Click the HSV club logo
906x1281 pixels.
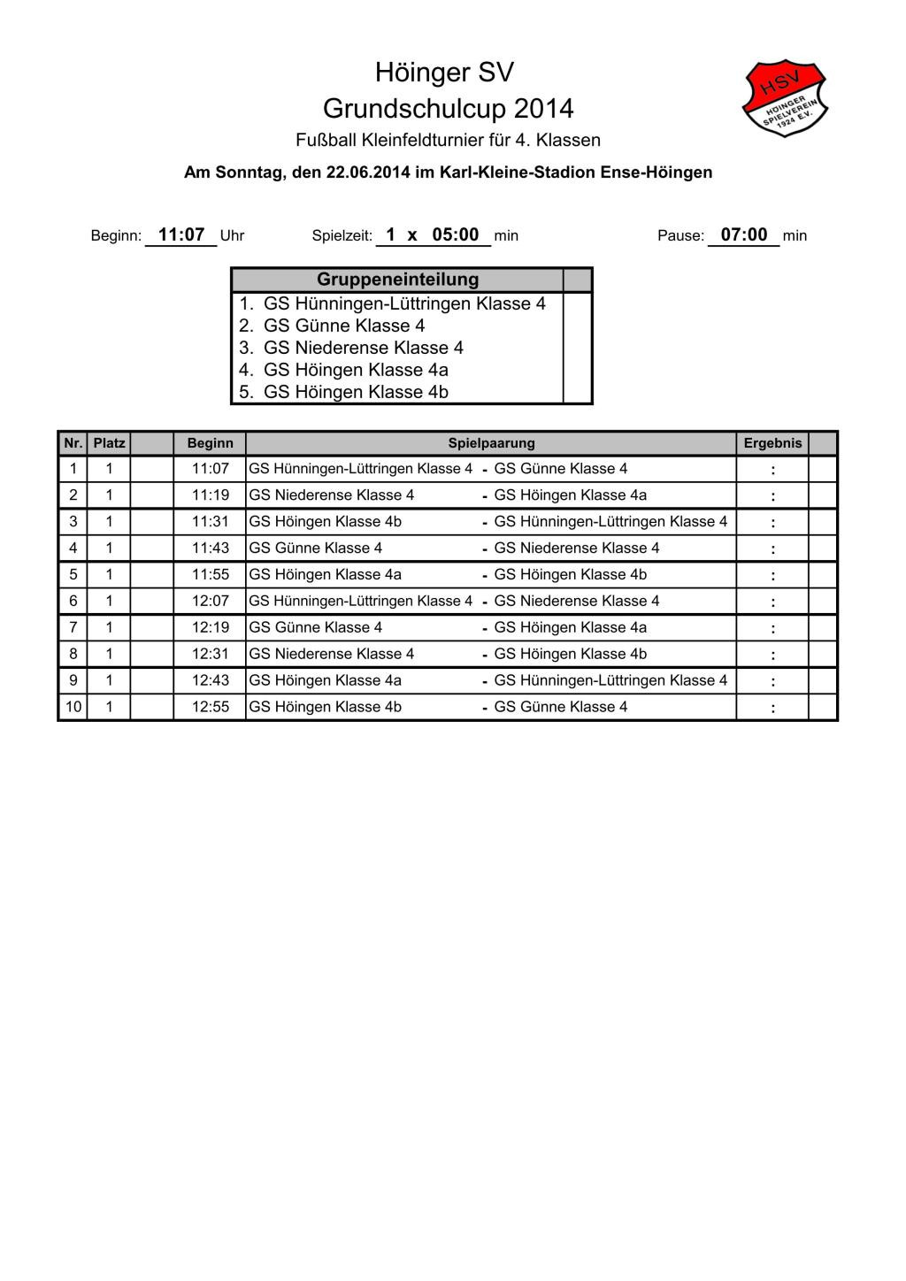click(785, 97)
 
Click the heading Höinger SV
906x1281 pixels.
click(444, 72)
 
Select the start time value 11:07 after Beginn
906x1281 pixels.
click(181, 235)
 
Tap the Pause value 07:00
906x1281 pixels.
click(744, 235)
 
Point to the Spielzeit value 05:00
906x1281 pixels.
click(455, 235)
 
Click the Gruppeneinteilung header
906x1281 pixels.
click(397, 280)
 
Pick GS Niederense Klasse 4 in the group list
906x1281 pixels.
click(363, 348)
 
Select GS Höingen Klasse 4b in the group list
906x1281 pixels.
click(356, 392)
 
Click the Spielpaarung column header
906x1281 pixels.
click(491, 443)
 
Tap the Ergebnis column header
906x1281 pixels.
click(772, 443)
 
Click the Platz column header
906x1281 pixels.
click(109, 443)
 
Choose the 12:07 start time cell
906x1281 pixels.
click(210, 602)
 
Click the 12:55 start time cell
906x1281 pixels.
click(210, 707)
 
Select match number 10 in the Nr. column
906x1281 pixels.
click(73, 707)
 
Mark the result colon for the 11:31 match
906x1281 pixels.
click(772, 523)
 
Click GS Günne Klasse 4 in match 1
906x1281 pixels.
click(560, 469)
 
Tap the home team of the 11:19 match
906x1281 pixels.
click(332, 495)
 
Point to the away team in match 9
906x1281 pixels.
click(610, 680)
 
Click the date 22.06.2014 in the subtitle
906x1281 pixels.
click(367, 173)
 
